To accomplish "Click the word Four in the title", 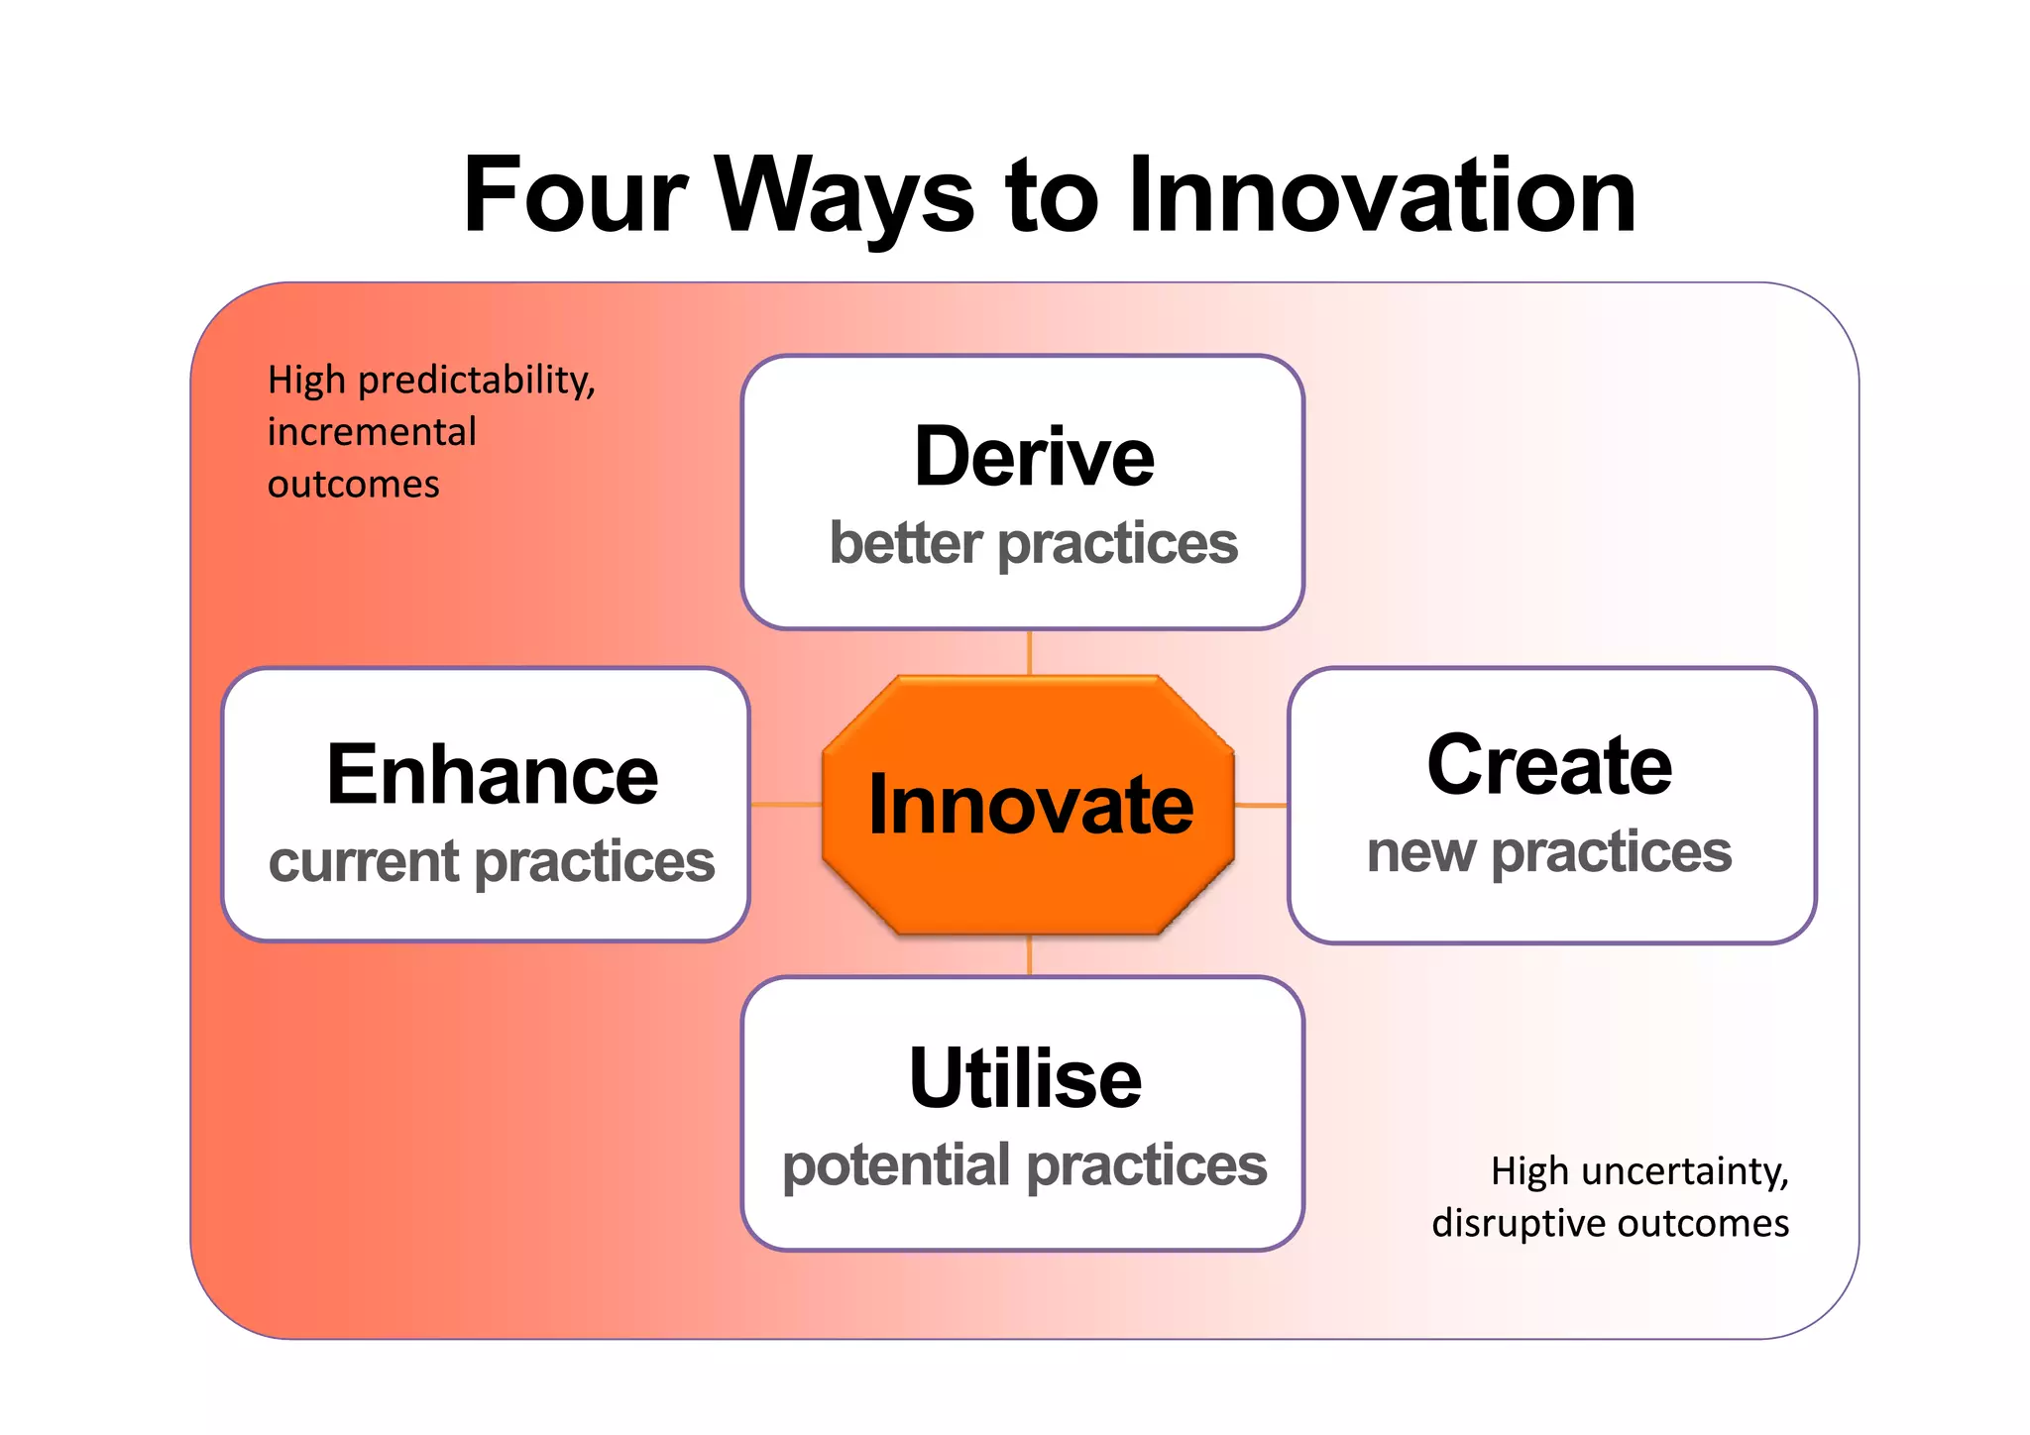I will point(575,195).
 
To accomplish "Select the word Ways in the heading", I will point(845,195).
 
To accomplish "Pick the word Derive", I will point(1033,457).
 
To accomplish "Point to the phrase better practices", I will point(1033,544).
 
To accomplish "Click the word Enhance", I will point(492,776).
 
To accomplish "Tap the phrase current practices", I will point(492,861).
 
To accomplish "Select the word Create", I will point(1549,766).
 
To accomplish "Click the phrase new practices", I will point(1549,852).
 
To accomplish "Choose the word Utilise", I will point(1025,1078).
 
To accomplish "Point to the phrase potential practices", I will point(1025,1165).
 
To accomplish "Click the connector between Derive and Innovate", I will point(1030,653).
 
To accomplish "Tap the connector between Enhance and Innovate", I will point(786,804).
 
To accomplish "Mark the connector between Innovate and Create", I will point(1262,805).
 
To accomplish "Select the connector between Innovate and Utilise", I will point(1030,956).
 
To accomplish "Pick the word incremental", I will point(372,433).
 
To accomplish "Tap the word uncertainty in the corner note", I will point(1684,1172).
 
